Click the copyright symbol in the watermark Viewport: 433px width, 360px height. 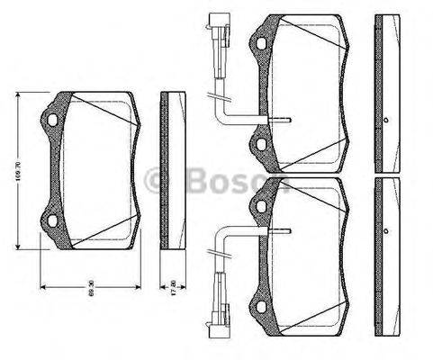click(159, 183)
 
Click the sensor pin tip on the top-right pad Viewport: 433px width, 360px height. click(291, 121)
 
